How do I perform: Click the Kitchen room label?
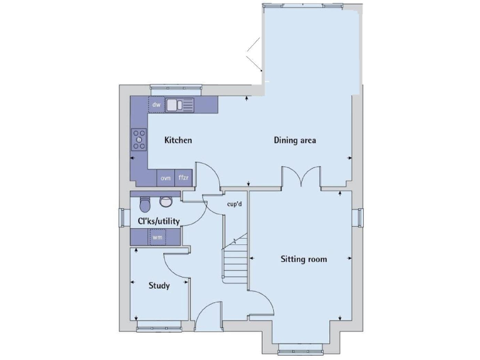pyautogui.click(x=177, y=140)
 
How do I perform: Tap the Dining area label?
pyautogui.click(x=294, y=140)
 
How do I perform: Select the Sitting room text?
pyautogui.click(x=303, y=259)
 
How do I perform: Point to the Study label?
pyautogui.click(x=159, y=286)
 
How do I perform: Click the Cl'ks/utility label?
pyautogui.click(x=159, y=221)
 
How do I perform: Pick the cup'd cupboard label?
pyautogui.click(x=234, y=203)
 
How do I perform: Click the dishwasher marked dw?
pyautogui.click(x=156, y=105)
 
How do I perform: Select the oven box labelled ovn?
pyautogui.click(x=166, y=178)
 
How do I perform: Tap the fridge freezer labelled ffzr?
pyautogui.click(x=183, y=178)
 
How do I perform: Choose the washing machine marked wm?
pyautogui.click(x=157, y=237)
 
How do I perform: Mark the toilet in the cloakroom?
pyautogui.click(x=145, y=204)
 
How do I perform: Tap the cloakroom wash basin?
pyautogui.click(x=166, y=201)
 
